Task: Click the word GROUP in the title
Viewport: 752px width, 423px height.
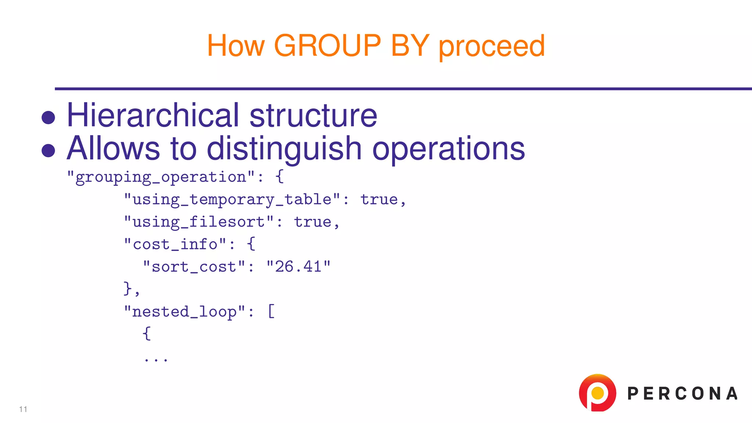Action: click(328, 46)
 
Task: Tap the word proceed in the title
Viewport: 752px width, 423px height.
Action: click(492, 47)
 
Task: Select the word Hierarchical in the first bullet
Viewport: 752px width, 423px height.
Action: click(153, 115)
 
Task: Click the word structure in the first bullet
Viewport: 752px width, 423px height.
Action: click(313, 116)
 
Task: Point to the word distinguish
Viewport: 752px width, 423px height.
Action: click(285, 149)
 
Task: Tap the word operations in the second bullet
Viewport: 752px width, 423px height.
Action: click(449, 149)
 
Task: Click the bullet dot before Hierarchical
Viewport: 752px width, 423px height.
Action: click(48, 118)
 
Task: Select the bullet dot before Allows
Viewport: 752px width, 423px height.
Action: click(48, 151)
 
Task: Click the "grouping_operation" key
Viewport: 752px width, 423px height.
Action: click(161, 177)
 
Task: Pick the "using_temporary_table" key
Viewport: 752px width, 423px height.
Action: click(232, 199)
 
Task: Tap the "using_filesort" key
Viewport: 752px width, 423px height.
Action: click(199, 222)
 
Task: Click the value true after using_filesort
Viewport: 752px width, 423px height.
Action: click(313, 222)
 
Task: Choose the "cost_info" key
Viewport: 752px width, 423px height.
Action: click(175, 244)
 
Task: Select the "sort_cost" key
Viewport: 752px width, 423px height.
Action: click(194, 267)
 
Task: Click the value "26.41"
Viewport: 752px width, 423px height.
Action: click(299, 267)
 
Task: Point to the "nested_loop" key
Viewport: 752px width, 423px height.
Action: click(184, 311)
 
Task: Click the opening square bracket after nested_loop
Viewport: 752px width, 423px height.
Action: click(271, 311)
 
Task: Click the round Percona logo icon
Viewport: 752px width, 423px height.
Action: click(597, 393)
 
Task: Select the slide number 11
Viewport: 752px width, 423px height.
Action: click(23, 409)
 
